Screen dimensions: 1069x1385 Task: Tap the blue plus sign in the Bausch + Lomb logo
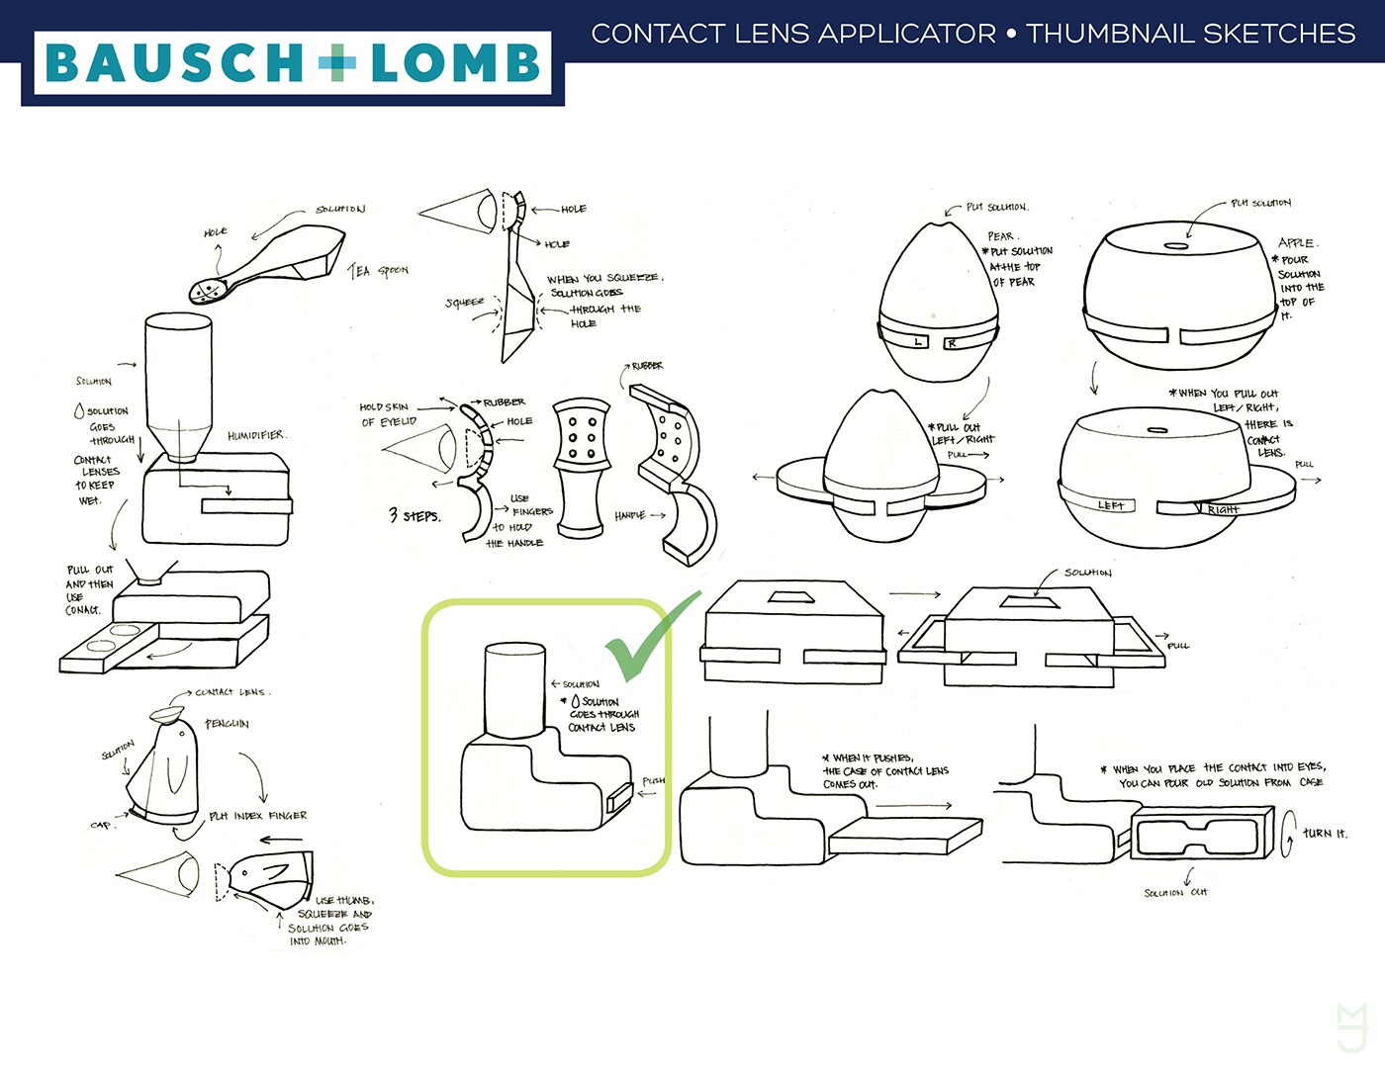(336, 62)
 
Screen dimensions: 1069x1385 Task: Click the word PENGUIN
(227, 724)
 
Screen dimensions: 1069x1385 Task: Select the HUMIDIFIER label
(256, 435)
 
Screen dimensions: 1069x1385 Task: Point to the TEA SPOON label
(379, 270)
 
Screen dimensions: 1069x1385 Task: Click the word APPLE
(1296, 242)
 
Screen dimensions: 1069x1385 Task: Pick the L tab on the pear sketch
(919, 342)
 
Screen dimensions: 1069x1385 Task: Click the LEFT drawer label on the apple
(1110, 505)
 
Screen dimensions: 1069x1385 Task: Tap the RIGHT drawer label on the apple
(1223, 509)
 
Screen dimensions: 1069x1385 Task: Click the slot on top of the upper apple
(1176, 245)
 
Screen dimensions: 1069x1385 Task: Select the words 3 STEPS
(415, 515)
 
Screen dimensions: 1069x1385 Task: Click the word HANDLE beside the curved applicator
(630, 515)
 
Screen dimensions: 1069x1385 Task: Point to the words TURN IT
(1324, 834)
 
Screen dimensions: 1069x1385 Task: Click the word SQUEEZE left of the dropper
(465, 302)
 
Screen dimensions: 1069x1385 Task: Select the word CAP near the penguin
(101, 825)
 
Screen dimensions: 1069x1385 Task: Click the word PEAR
(1001, 236)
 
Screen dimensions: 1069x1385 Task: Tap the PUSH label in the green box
(653, 781)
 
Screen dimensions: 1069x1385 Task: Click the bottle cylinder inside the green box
(514, 690)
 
